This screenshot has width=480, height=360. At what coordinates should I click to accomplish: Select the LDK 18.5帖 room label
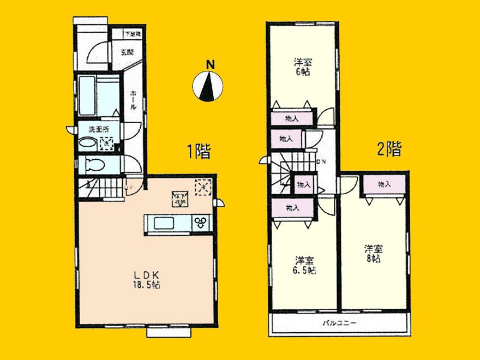coord(146,279)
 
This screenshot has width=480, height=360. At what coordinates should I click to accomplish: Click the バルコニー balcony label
coord(343,323)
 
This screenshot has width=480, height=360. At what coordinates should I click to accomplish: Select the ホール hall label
coord(133,100)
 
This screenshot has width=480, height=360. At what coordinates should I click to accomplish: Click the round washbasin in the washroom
coord(87,144)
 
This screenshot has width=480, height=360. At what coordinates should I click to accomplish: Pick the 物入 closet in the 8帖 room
coord(385,185)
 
